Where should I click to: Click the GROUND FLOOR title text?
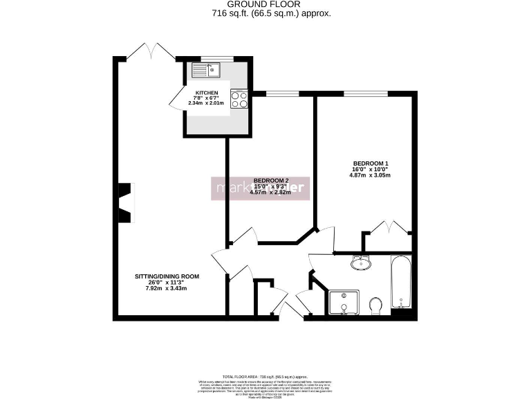click(265, 4)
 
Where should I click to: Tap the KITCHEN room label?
click(207, 93)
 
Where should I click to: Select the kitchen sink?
click(207, 69)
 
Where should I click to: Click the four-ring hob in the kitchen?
click(239, 99)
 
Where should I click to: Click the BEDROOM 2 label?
click(270, 180)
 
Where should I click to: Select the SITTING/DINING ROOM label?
click(167, 276)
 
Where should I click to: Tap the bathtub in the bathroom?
click(401, 284)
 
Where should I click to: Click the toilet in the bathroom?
click(376, 305)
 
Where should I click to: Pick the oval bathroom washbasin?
click(360, 263)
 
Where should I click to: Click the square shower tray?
click(344, 303)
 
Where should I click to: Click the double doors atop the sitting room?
click(151, 52)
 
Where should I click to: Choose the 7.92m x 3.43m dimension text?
click(167, 288)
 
